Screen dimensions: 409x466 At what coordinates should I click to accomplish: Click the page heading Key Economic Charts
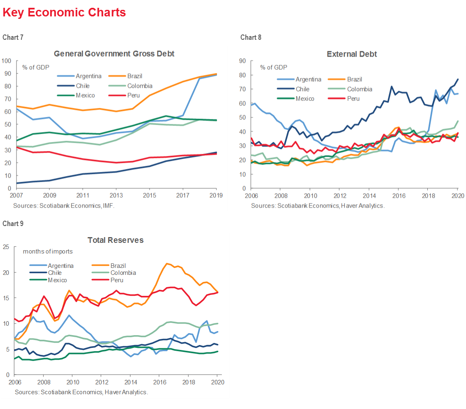(x=64, y=13)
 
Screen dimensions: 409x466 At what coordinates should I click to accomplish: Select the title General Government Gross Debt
(x=114, y=54)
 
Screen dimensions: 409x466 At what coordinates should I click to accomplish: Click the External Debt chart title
(x=352, y=54)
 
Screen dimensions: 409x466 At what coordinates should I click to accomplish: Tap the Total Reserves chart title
(x=115, y=240)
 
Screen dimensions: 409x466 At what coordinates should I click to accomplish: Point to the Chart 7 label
(x=13, y=37)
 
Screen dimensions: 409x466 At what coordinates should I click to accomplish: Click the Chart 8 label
(x=251, y=37)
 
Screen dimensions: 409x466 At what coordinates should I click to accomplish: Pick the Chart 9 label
(x=13, y=224)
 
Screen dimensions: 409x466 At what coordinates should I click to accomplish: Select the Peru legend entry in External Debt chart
(x=353, y=98)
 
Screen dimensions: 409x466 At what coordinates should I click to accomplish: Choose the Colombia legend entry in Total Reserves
(x=123, y=273)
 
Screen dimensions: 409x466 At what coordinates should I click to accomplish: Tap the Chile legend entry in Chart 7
(x=82, y=86)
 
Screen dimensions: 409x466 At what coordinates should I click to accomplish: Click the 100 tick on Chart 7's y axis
(x=7, y=61)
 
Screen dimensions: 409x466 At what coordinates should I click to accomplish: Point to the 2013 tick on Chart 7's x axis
(x=116, y=195)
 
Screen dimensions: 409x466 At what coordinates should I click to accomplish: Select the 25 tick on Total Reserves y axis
(x=6, y=247)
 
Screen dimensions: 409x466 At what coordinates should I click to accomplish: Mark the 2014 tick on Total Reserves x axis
(x=130, y=382)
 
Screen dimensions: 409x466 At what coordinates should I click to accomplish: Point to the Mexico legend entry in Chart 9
(x=58, y=280)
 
